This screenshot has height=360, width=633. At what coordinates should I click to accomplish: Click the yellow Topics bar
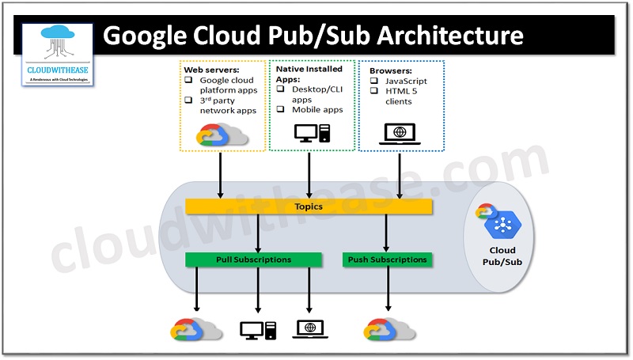309,207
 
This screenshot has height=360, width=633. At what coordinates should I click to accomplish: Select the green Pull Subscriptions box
253,260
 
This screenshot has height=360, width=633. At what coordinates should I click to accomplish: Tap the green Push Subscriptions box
387,260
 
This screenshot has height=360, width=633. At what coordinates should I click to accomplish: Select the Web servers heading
211,70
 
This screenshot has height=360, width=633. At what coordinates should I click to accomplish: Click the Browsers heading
390,70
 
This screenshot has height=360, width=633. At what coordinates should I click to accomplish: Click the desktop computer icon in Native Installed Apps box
309,135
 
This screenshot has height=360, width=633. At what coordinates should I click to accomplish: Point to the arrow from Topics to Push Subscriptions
387,233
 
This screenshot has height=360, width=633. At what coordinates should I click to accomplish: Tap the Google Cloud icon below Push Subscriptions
389,329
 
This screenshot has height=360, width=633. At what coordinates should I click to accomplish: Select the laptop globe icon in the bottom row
309,328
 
